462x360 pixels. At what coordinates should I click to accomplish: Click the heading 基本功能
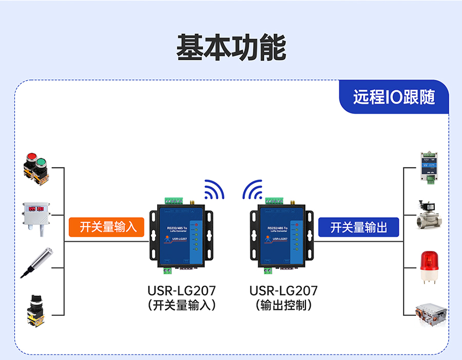click(x=231, y=48)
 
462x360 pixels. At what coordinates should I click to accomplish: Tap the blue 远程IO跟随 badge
click(x=394, y=97)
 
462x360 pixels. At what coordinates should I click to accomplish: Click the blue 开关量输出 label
click(x=358, y=227)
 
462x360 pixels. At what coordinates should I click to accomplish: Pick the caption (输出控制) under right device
click(x=283, y=306)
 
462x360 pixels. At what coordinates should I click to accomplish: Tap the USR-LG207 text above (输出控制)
click(x=283, y=291)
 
